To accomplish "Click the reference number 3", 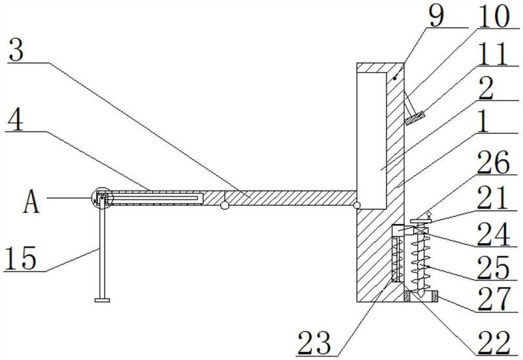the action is (16, 50).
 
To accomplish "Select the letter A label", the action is (31, 203).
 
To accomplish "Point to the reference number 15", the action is (20, 258).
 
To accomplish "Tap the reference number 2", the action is (486, 89).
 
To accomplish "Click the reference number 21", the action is (493, 198).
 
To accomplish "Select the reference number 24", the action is (494, 234).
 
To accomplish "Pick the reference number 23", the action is (314, 342).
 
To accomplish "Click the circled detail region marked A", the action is (102, 198).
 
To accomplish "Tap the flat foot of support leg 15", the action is (102, 301).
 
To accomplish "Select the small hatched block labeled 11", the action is (416, 118).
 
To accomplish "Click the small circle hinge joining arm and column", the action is (357, 206).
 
